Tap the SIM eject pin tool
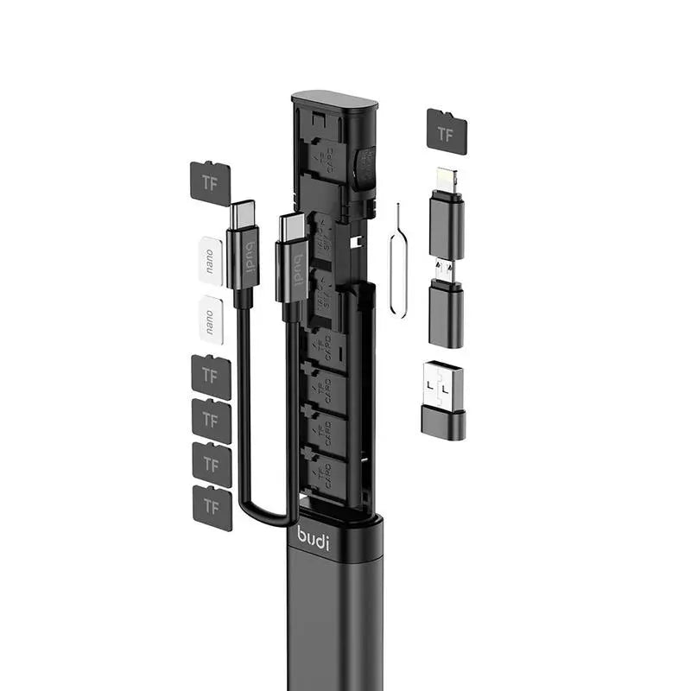(400, 259)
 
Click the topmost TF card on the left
(208, 181)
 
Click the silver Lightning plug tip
(446, 180)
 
